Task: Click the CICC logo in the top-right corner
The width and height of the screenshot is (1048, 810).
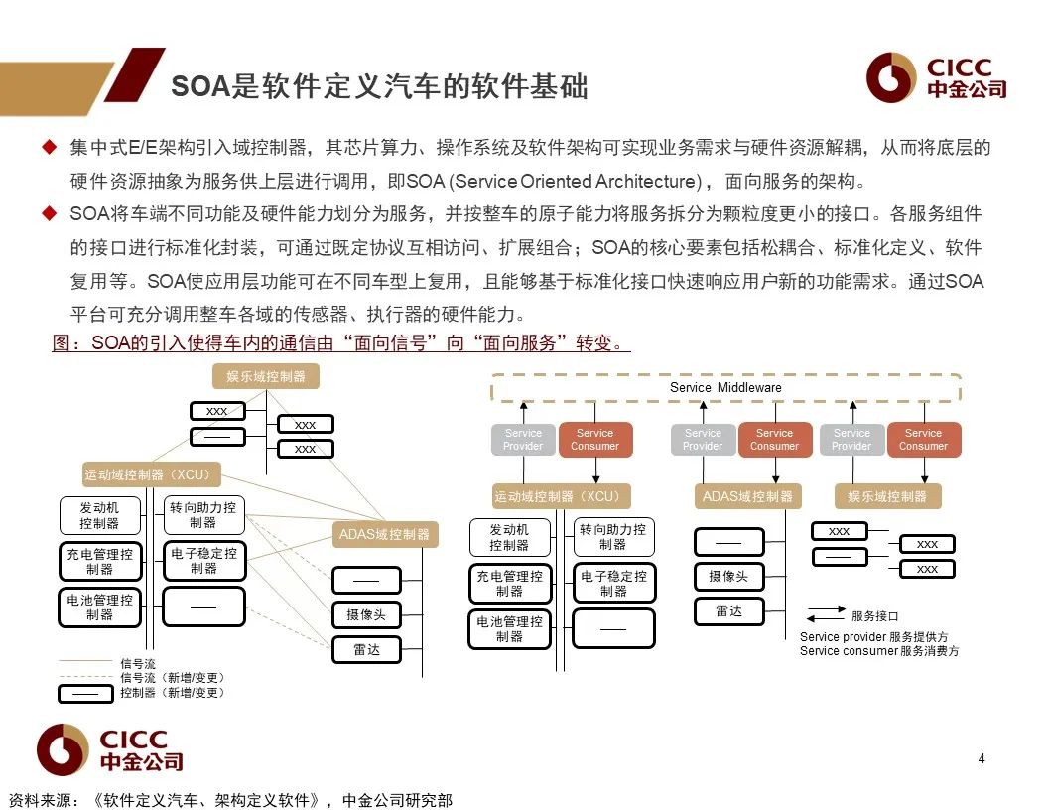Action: tap(936, 78)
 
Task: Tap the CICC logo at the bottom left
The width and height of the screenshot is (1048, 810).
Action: tap(110, 749)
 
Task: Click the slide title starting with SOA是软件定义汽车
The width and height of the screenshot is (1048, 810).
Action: tap(379, 86)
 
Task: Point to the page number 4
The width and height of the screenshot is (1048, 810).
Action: tap(982, 759)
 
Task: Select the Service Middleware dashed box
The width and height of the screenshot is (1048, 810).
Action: tap(725, 387)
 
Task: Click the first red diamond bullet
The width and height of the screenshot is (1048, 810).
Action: tap(49, 148)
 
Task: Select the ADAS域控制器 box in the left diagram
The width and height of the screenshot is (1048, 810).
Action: tap(384, 534)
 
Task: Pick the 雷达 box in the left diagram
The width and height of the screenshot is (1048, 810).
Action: tap(365, 650)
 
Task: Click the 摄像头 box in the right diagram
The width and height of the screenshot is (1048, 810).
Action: tap(728, 576)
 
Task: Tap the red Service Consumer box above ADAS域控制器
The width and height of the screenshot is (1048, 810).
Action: tap(774, 439)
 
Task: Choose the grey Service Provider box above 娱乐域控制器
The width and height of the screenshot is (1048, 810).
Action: tap(851, 439)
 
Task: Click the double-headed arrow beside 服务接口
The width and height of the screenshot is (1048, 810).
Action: tap(825, 615)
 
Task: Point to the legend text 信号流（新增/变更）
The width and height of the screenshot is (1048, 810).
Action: tap(172, 677)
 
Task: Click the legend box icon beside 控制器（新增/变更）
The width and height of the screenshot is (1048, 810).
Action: tap(85, 692)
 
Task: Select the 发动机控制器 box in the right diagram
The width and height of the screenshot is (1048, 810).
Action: tap(509, 537)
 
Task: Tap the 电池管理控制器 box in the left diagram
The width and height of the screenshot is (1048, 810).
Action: tap(99, 607)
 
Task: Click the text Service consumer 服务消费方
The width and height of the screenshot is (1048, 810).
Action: tap(879, 651)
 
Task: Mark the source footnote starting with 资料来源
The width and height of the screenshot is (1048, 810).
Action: tap(230, 799)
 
